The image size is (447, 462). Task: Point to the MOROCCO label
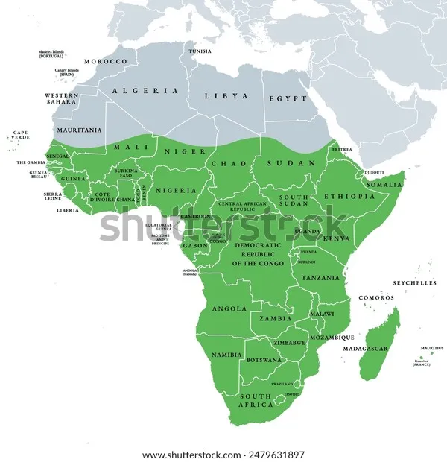click(105, 61)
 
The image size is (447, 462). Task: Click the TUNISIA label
click(200, 51)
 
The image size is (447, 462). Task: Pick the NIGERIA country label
click(177, 190)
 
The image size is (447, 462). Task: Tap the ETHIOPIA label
click(349, 196)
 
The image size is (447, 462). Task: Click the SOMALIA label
click(384, 184)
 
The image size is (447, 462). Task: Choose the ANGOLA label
click(229, 308)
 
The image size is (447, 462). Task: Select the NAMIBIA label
click(226, 355)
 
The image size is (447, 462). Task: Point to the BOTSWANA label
click(264, 360)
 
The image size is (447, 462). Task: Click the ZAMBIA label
click(275, 318)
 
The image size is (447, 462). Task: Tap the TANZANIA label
click(321, 277)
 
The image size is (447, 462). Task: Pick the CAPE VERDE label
click(20, 136)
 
